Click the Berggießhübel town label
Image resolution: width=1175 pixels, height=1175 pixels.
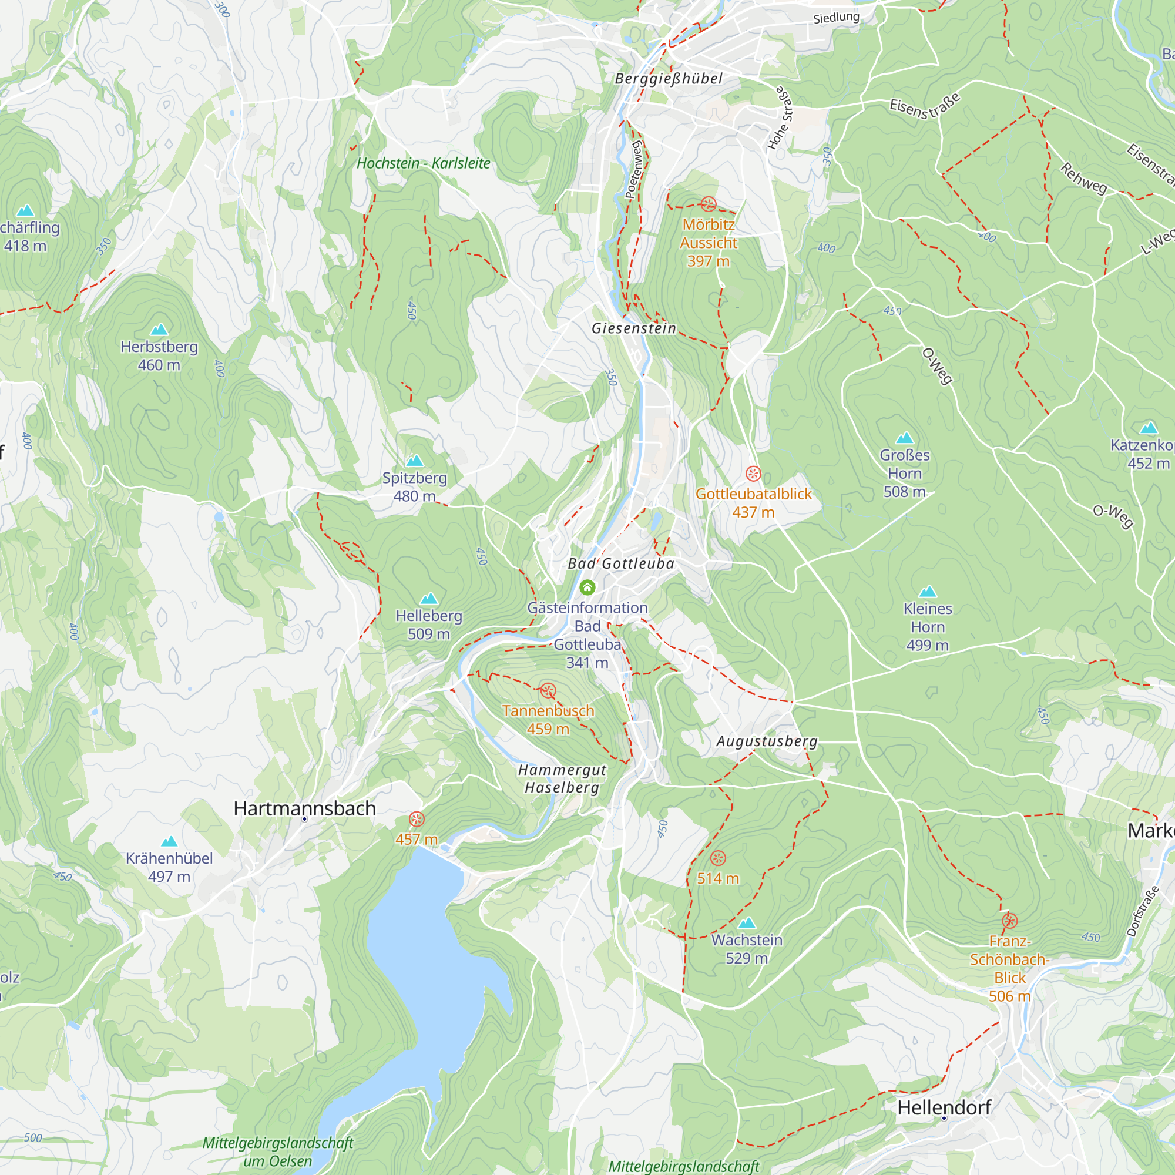[669, 79]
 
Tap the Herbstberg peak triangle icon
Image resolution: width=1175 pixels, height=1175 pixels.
[159, 330]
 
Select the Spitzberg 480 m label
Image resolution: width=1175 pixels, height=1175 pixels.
[414, 486]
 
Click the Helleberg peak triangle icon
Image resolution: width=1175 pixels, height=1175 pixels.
[429, 599]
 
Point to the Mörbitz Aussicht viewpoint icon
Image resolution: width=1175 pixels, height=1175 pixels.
[708, 204]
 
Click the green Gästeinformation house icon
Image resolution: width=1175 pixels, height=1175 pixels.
[587, 587]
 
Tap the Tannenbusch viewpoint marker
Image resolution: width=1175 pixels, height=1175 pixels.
[548, 690]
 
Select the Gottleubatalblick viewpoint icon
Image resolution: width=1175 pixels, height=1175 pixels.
[753, 474]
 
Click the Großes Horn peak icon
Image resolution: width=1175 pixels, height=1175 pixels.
[904, 438]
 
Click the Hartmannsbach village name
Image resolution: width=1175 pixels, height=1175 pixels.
[304, 808]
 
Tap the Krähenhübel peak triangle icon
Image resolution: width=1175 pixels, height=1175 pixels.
[169, 842]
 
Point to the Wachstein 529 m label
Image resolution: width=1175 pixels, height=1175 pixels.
[746, 949]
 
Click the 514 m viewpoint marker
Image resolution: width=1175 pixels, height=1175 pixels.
[718, 858]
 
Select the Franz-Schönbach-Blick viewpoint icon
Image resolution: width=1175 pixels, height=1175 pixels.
[1009, 921]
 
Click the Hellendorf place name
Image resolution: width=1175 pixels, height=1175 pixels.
[944, 1107]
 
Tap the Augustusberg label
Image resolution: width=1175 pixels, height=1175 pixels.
[766, 741]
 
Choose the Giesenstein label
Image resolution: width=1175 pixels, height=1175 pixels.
[634, 328]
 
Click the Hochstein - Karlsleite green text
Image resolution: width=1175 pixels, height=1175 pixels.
[423, 163]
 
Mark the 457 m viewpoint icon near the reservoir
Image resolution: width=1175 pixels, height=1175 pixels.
[417, 819]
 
